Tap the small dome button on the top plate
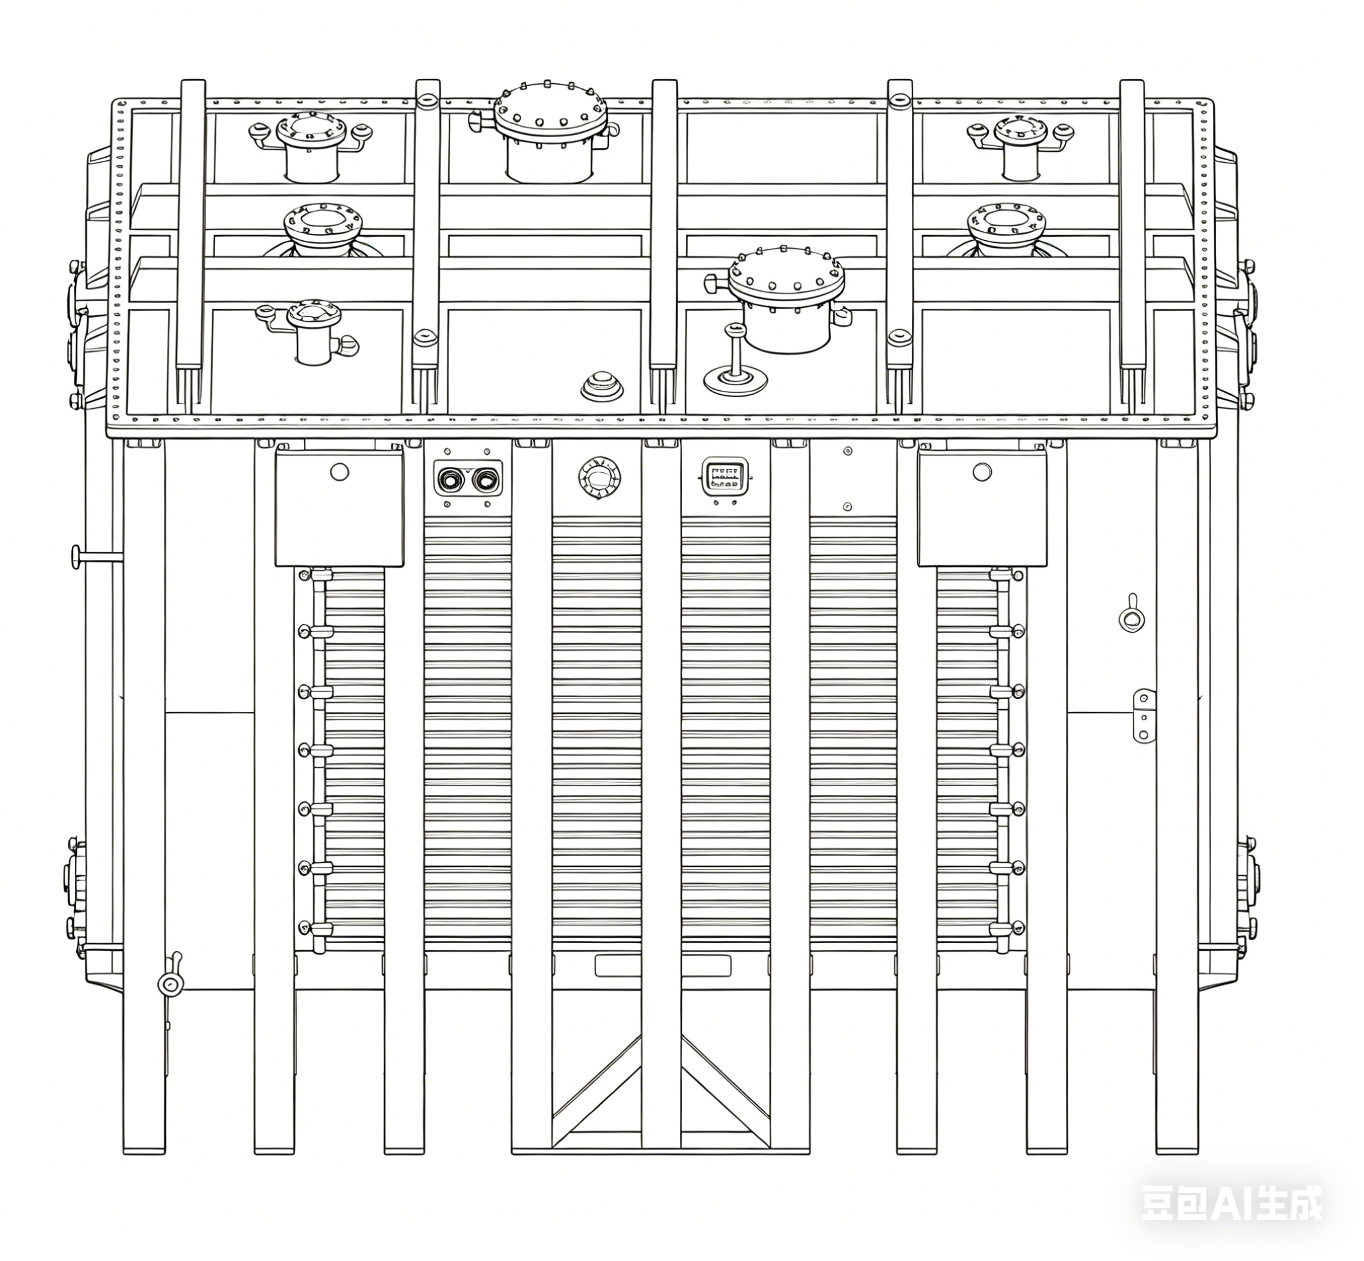click(601, 386)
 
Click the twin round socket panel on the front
click(468, 479)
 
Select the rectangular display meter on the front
click(725, 474)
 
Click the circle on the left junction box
click(339, 472)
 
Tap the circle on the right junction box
click(982, 472)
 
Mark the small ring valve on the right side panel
click(1132, 618)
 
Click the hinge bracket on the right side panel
click(1143, 715)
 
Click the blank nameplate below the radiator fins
click(662, 966)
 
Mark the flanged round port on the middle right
click(1006, 220)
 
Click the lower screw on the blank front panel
click(847, 506)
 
